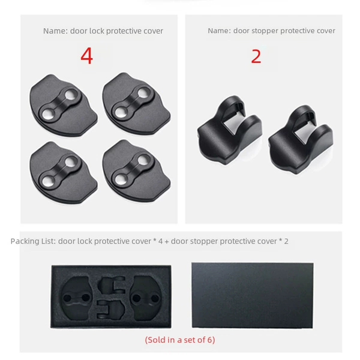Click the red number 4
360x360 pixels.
pos(87,56)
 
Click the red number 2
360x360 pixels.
pos(256,56)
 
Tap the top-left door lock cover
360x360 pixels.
pos(64,105)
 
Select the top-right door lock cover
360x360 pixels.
pos(136,103)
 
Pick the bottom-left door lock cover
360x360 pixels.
pos(64,172)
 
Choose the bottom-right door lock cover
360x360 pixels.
pos(136,171)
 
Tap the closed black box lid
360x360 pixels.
pos(253,295)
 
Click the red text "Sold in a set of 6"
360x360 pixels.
pos(180,340)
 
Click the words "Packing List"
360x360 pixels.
pos(32,242)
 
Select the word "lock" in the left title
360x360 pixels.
pos(97,31)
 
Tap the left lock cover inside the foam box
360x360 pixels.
pos(77,298)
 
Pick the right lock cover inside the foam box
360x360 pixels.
pos(146,298)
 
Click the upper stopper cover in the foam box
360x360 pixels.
pos(112,286)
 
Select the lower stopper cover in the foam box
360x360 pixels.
pos(111,310)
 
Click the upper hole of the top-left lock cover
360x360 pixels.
pos(71,94)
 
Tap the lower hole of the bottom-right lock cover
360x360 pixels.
pos(121,179)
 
